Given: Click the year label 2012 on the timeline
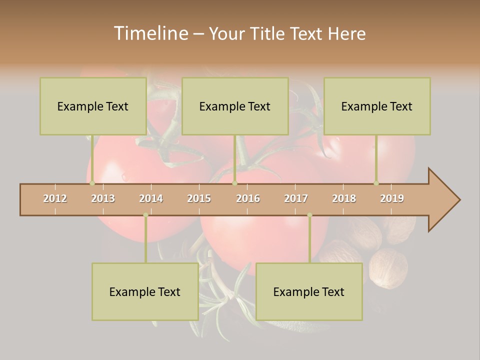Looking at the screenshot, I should (x=55, y=198).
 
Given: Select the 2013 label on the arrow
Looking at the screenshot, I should (x=103, y=198).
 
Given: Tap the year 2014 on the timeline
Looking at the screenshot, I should (x=151, y=198).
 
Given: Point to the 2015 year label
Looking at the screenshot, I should (x=199, y=198).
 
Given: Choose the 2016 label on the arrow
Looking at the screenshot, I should (x=248, y=198).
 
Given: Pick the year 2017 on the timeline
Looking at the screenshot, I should (x=296, y=198).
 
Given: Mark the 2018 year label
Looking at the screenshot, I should (x=344, y=198).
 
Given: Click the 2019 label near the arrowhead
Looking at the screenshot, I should (x=392, y=198).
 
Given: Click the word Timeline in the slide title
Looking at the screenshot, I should (x=150, y=33).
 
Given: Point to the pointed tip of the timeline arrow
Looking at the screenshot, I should (x=459, y=200).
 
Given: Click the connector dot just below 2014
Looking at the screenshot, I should (x=145, y=215).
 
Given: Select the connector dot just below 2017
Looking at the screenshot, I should (x=309, y=215).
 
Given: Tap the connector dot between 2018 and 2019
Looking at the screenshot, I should (x=376, y=183).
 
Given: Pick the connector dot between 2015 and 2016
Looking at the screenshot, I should (x=234, y=183).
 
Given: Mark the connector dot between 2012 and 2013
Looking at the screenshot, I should (x=92, y=183).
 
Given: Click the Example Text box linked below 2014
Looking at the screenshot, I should (x=145, y=291).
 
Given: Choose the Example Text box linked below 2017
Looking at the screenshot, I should (x=309, y=291).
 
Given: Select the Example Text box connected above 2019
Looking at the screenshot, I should (x=377, y=106).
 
